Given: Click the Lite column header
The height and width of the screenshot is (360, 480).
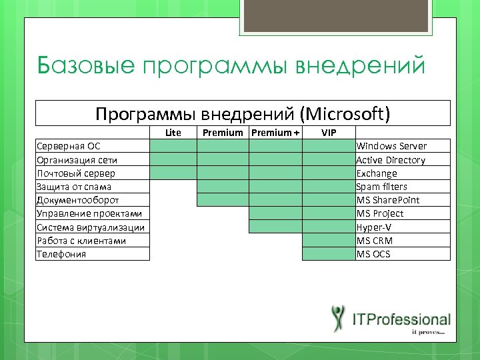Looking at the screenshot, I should (x=173, y=133).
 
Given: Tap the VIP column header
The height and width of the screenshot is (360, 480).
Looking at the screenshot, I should (x=329, y=133).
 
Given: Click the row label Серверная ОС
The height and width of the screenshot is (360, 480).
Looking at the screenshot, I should (x=69, y=146).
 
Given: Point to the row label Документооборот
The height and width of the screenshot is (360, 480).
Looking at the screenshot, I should (x=78, y=200).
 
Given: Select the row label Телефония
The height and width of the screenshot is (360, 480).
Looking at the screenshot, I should (x=61, y=254).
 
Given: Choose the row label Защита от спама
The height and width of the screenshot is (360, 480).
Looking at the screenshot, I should (x=74, y=187).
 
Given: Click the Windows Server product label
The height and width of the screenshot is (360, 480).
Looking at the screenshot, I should (x=391, y=146).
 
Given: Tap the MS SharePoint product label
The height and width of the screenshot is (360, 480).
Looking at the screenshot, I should (x=388, y=200).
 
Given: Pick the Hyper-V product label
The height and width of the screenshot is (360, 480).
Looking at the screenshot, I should (x=374, y=227).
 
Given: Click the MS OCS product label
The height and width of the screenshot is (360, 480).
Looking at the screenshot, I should (x=373, y=254).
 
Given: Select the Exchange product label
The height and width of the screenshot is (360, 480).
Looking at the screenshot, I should (x=377, y=173).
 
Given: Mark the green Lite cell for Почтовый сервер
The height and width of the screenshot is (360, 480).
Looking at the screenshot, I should (x=173, y=173).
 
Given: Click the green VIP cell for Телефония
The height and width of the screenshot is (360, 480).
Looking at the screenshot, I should (x=329, y=254).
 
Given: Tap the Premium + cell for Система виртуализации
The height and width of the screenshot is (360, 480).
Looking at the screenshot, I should (x=275, y=227).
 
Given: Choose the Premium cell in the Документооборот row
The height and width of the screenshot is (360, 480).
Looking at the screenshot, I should (x=223, y=200).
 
